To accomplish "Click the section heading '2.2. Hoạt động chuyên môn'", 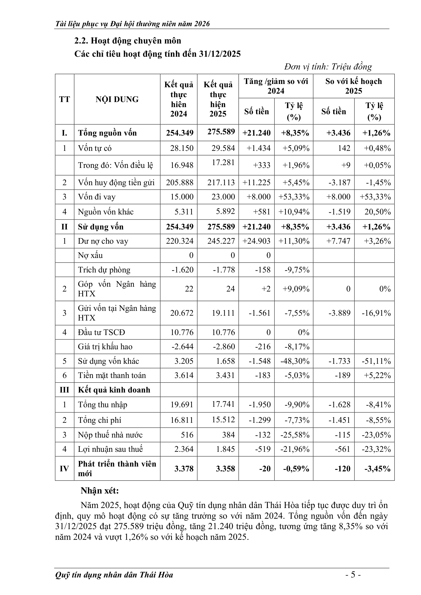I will pyautogui.click(x=128, y=41).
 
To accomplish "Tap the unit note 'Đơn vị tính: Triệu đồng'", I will pyautogui.click(x=328, y=67).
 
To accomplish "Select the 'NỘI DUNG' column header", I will pyautogui.click(x=117, y=99).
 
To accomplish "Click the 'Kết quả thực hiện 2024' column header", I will pyautogui.click(x=179, y=99).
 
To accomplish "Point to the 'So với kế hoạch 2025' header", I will pyautogui.click(x=353, y=86).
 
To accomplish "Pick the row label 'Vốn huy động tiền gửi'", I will pyautogui.click(x=116, y=183).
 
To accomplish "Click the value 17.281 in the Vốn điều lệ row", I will pyautogui.click(x=223, y=163).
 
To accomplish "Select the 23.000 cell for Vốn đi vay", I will pyautogui.click(x=223, y=197).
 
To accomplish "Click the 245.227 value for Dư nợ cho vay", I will pyautogui.click(x=221, y=241).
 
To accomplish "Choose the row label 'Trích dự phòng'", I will pyautogui.click(x=104, y=270).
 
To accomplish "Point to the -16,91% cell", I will pyautogui.click(x=376, y=313).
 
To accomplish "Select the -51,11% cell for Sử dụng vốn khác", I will pyautogui.click(x=376, y=361).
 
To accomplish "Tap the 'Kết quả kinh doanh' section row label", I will pyautogui.click(x=114, y=390).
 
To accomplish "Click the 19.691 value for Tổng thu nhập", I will pyautogui.click(x=182, y=404).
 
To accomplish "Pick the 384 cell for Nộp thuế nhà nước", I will pyautogui.click(x=228, y=434).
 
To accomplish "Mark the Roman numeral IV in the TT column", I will pyautogui.click(x=64, y=469).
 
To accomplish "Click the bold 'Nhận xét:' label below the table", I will pyautogui.click(x=100, y=491).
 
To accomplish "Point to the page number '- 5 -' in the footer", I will pyautogui.click(x=353, y=575).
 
